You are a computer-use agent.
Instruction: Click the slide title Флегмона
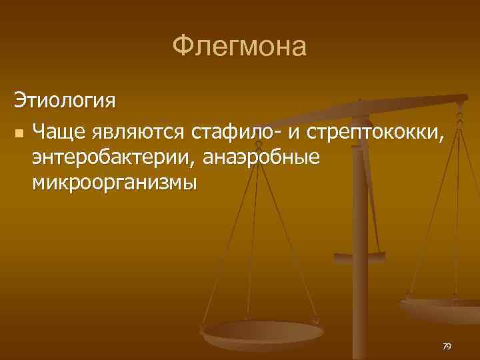point(239,47)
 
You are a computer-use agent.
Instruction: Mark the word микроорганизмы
point(114,182)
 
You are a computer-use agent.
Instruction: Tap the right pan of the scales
point(440,308)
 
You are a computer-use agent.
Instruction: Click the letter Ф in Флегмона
point(181,47)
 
